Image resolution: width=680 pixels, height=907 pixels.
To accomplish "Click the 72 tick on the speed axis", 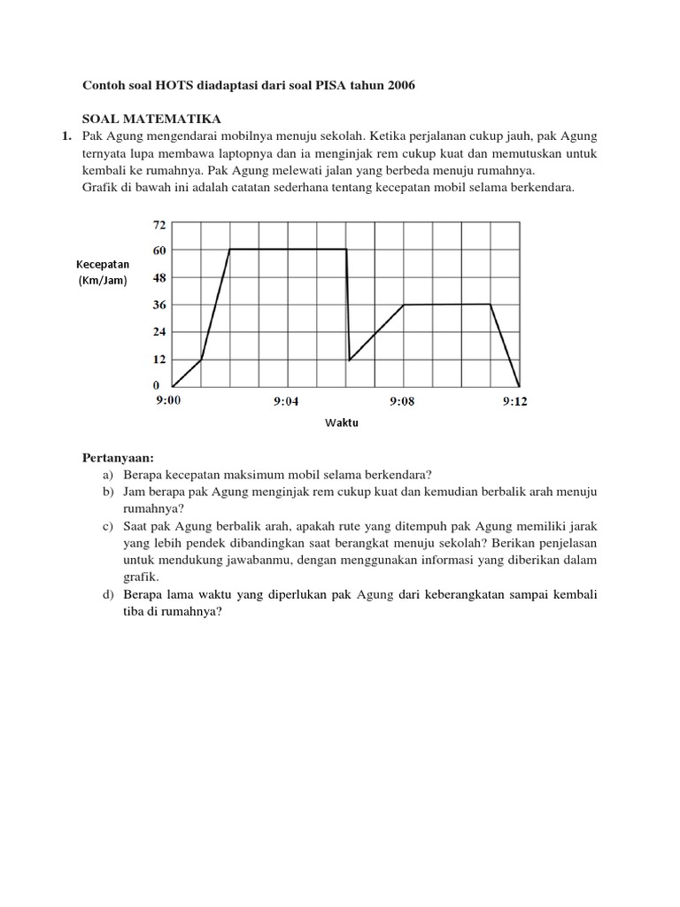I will pyautogui.click(x=159, y=224).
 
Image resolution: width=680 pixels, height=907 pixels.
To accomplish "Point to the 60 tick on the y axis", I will pyautogui.click(x=159, y=251).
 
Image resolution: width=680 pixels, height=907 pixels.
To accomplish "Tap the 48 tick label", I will pyautogui.click(x=159, y=277).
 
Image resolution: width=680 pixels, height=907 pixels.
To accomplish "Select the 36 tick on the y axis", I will pyautogui.click(x=159, y=305).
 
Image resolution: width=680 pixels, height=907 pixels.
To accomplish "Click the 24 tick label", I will pyautogui.click(x=159, y=332).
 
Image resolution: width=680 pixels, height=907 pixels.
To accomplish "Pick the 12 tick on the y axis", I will pyautogui.click(x=159, y=359).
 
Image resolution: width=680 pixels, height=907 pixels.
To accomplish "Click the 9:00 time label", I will pyautogui.click(x=167, y=401).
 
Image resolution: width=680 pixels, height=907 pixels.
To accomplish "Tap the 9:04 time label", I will pyautogui.click(x=285, y=401).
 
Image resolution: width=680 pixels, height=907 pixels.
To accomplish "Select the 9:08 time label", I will pyautogui.click(x=402, y=401).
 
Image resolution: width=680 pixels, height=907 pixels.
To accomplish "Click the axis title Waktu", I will pyautogui.click(x=341, y=423).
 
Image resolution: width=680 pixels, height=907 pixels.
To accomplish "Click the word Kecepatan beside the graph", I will pyautogui.click(x=103, y=264).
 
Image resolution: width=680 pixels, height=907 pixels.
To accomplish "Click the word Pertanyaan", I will pyautogui.click(x=118, y=458).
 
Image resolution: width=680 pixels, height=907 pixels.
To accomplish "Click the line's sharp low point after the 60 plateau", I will pyautogui.click(x=350, y=360).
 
